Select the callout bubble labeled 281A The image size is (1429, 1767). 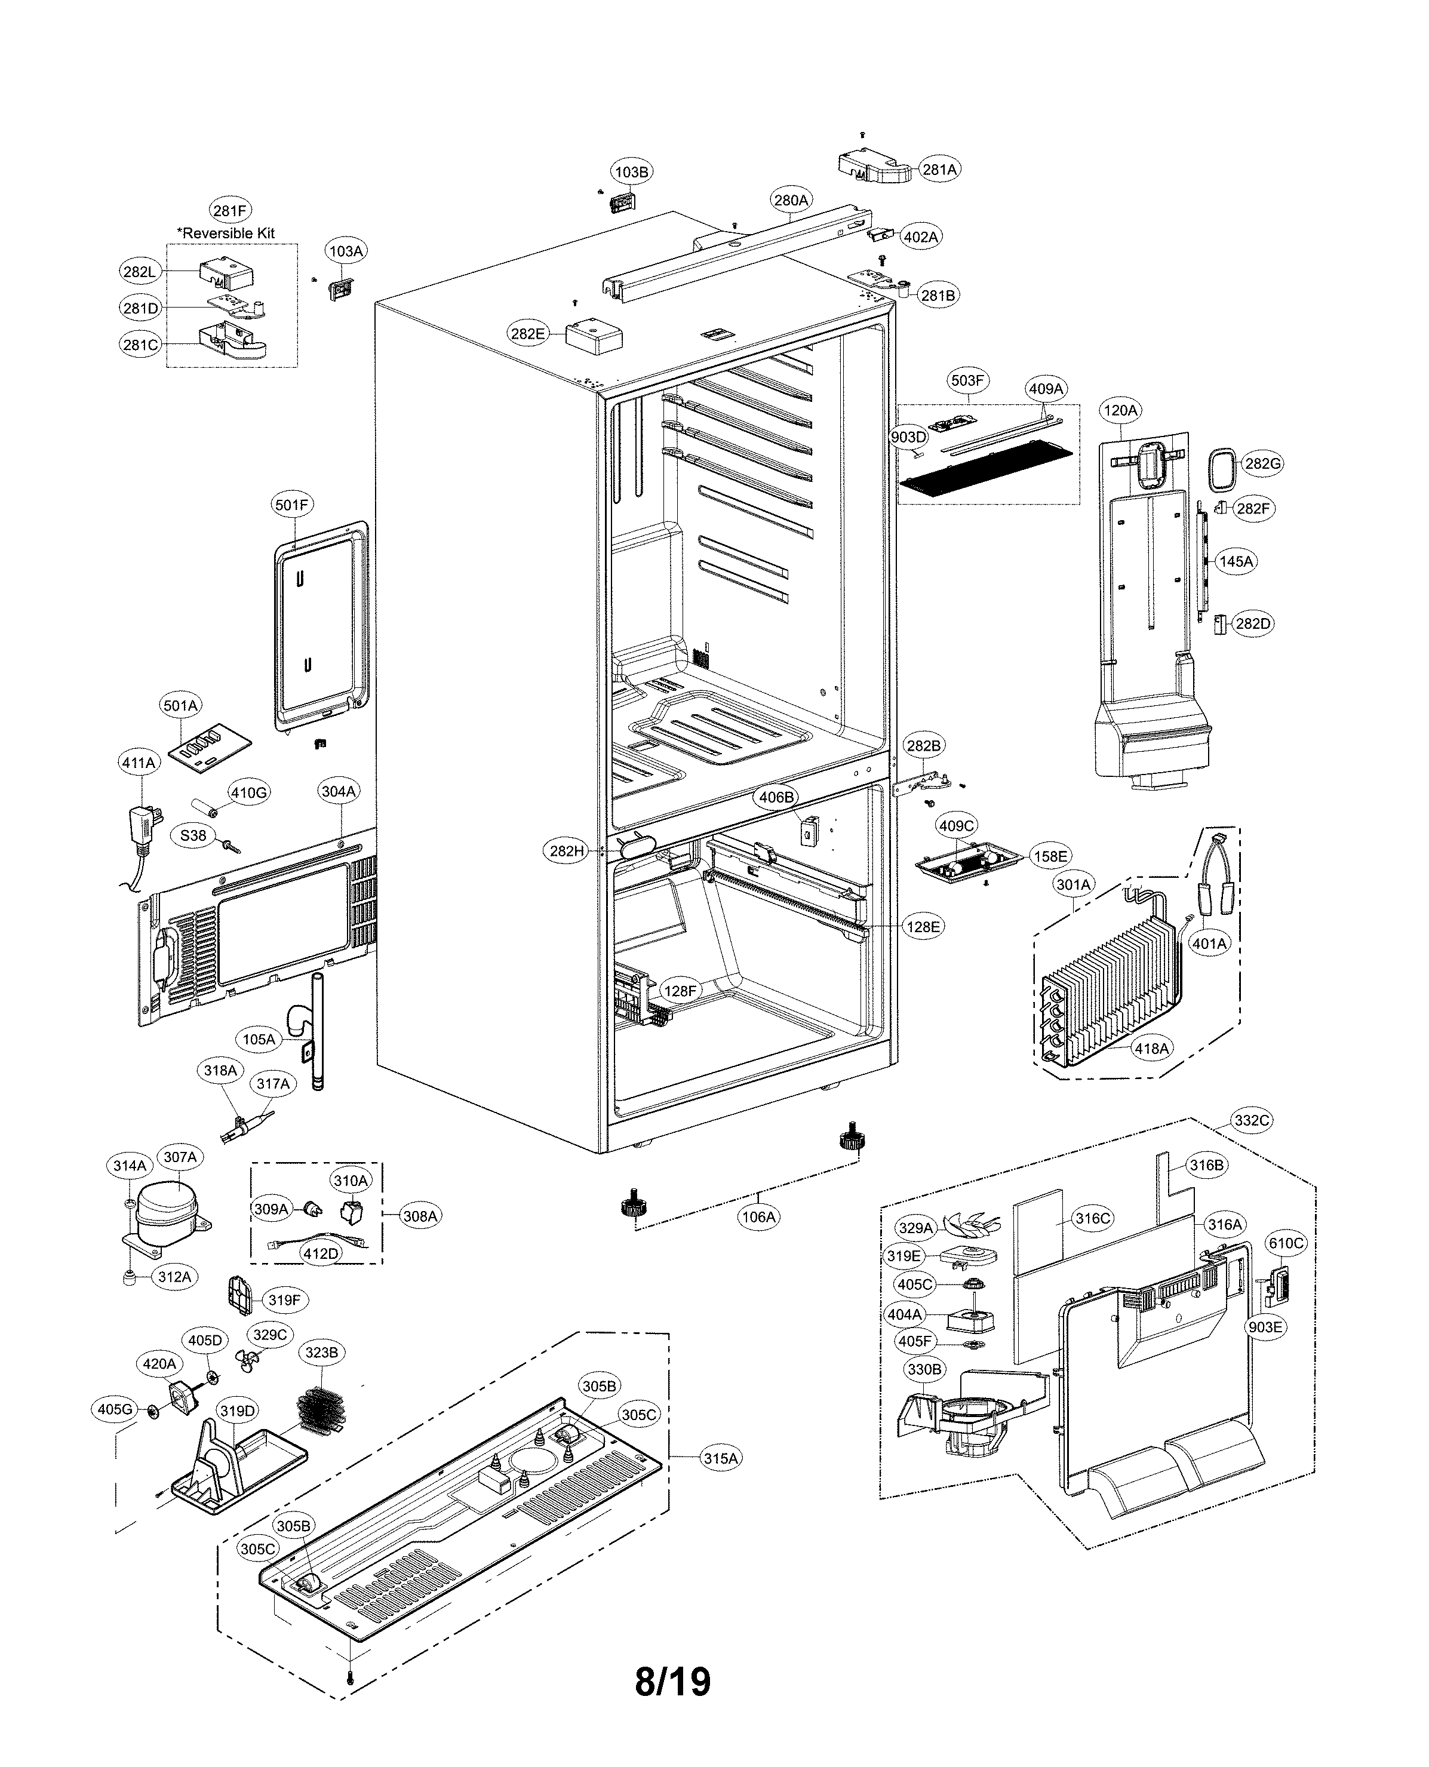pyautogui.click(x=939, y=170)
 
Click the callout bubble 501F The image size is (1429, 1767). pyautogui.click(x=292, y=505)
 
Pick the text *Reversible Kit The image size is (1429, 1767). pyautogui.click(x=226, y=233)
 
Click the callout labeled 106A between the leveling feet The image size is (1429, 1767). pyautogui.click(x=758, y=1216)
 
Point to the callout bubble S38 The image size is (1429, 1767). pyautogui.click(x=193, y=835)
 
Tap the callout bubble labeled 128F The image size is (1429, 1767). pyautogui.click(x=680, y=991)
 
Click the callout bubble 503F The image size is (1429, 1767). pyautogui.click(x=967, y=380)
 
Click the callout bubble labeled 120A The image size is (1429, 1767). pyautogui.click(x=1120, y=410)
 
